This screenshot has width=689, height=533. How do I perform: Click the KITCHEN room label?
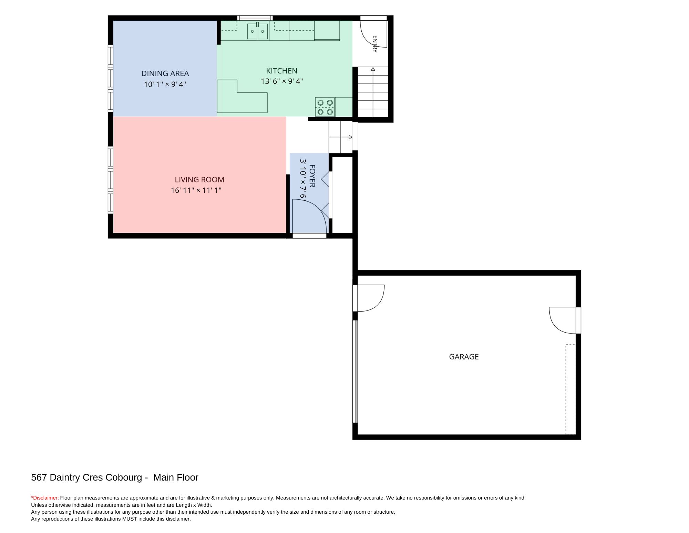281,71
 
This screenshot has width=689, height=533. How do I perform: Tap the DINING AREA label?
165,73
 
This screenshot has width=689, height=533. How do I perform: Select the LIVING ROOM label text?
199,179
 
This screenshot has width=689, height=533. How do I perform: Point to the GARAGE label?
464,357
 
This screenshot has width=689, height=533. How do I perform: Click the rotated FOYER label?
312,176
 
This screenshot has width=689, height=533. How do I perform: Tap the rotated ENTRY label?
375,44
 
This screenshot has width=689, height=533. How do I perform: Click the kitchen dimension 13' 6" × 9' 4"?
282,81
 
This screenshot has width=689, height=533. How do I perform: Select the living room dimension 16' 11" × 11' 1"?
196,190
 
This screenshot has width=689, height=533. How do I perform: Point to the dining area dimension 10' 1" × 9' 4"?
165,84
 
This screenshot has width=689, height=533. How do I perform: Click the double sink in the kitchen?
257,31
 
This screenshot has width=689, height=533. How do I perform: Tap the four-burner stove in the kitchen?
325,107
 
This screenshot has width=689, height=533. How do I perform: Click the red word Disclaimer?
45,498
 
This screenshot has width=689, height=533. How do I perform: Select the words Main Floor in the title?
176,477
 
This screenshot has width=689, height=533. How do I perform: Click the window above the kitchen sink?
255,18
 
